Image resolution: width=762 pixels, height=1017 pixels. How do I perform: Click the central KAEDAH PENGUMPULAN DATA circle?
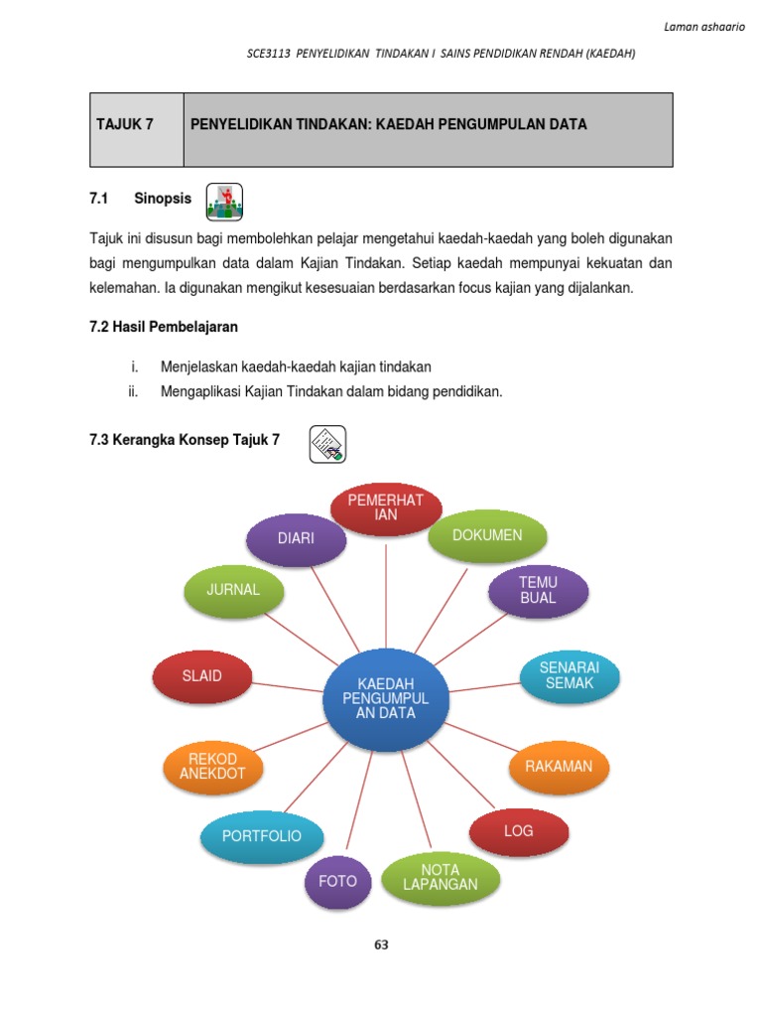tap(386, 698)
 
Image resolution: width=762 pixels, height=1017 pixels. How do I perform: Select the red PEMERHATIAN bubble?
tap(386, 508)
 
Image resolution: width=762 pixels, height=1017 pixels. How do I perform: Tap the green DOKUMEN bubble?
tap(487, 535)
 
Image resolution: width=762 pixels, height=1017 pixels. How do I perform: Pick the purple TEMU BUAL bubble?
tap(538, 590)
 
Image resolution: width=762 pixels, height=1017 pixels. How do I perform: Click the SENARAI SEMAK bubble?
tap(570, 676)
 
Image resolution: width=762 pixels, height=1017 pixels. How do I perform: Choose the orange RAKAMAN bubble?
tap(559, 766)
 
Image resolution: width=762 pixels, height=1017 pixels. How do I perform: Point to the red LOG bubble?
tap(519, 830)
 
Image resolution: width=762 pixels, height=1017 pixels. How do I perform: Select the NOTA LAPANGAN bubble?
tap(441, 877)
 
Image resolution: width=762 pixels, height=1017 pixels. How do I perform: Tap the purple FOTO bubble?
tap(337, 881)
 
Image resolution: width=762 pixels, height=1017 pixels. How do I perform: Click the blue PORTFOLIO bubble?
tap(262, 836)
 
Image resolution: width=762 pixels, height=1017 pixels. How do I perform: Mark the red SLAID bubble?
tap(201, 676)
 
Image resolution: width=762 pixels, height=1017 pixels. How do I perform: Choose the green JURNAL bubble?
tap(233, 590)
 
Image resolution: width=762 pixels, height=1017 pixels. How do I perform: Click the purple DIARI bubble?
tap(296, 539)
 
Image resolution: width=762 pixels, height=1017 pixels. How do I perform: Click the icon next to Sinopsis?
tap(224, 202)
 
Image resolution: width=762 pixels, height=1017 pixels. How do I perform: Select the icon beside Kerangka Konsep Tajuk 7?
tap(327, 443)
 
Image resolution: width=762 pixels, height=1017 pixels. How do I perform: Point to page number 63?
tap(381, 944)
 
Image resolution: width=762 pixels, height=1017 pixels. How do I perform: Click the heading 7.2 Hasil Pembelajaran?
tap(164, 327)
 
